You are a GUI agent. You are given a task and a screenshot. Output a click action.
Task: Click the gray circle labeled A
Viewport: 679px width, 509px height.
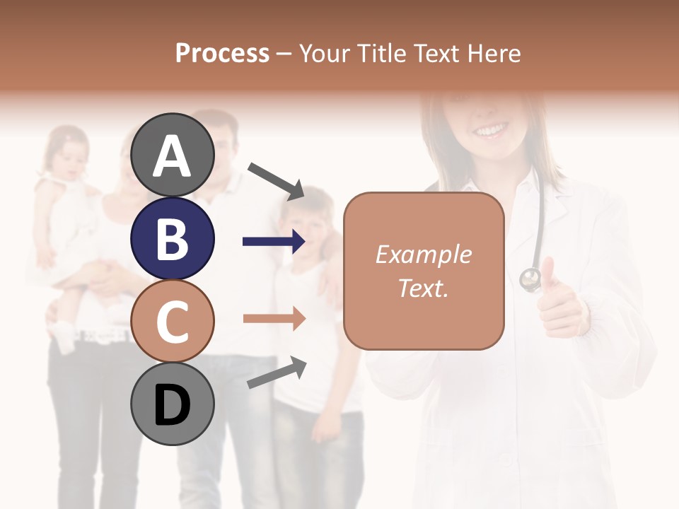[x=173, y=155]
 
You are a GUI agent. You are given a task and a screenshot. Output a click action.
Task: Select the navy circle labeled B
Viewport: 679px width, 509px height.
[x=173, y=238]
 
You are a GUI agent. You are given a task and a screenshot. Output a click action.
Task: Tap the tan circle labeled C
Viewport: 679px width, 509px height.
[x=173, y=321]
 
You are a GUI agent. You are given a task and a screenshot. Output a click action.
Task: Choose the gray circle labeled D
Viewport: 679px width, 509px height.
[x=173, y=404]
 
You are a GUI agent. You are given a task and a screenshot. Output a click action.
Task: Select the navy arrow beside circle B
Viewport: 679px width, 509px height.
[x=274, y=242]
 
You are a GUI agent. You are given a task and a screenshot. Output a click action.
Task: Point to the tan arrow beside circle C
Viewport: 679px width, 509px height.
[x=274, y=319]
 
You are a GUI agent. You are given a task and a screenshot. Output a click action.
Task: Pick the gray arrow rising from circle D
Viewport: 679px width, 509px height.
[x=277, y=373]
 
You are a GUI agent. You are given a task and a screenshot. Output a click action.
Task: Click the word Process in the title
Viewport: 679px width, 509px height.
[x=222, y=53]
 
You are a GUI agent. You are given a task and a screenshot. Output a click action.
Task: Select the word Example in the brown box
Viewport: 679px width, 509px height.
[x=423, y=255]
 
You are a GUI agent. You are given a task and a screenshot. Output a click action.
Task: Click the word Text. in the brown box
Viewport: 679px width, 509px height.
[x=423, y=288]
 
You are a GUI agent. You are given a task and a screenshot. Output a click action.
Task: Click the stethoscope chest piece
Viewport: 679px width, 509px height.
[x=530, y=279]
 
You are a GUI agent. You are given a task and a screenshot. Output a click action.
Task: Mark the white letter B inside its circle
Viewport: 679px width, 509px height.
[x=173, y=239]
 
